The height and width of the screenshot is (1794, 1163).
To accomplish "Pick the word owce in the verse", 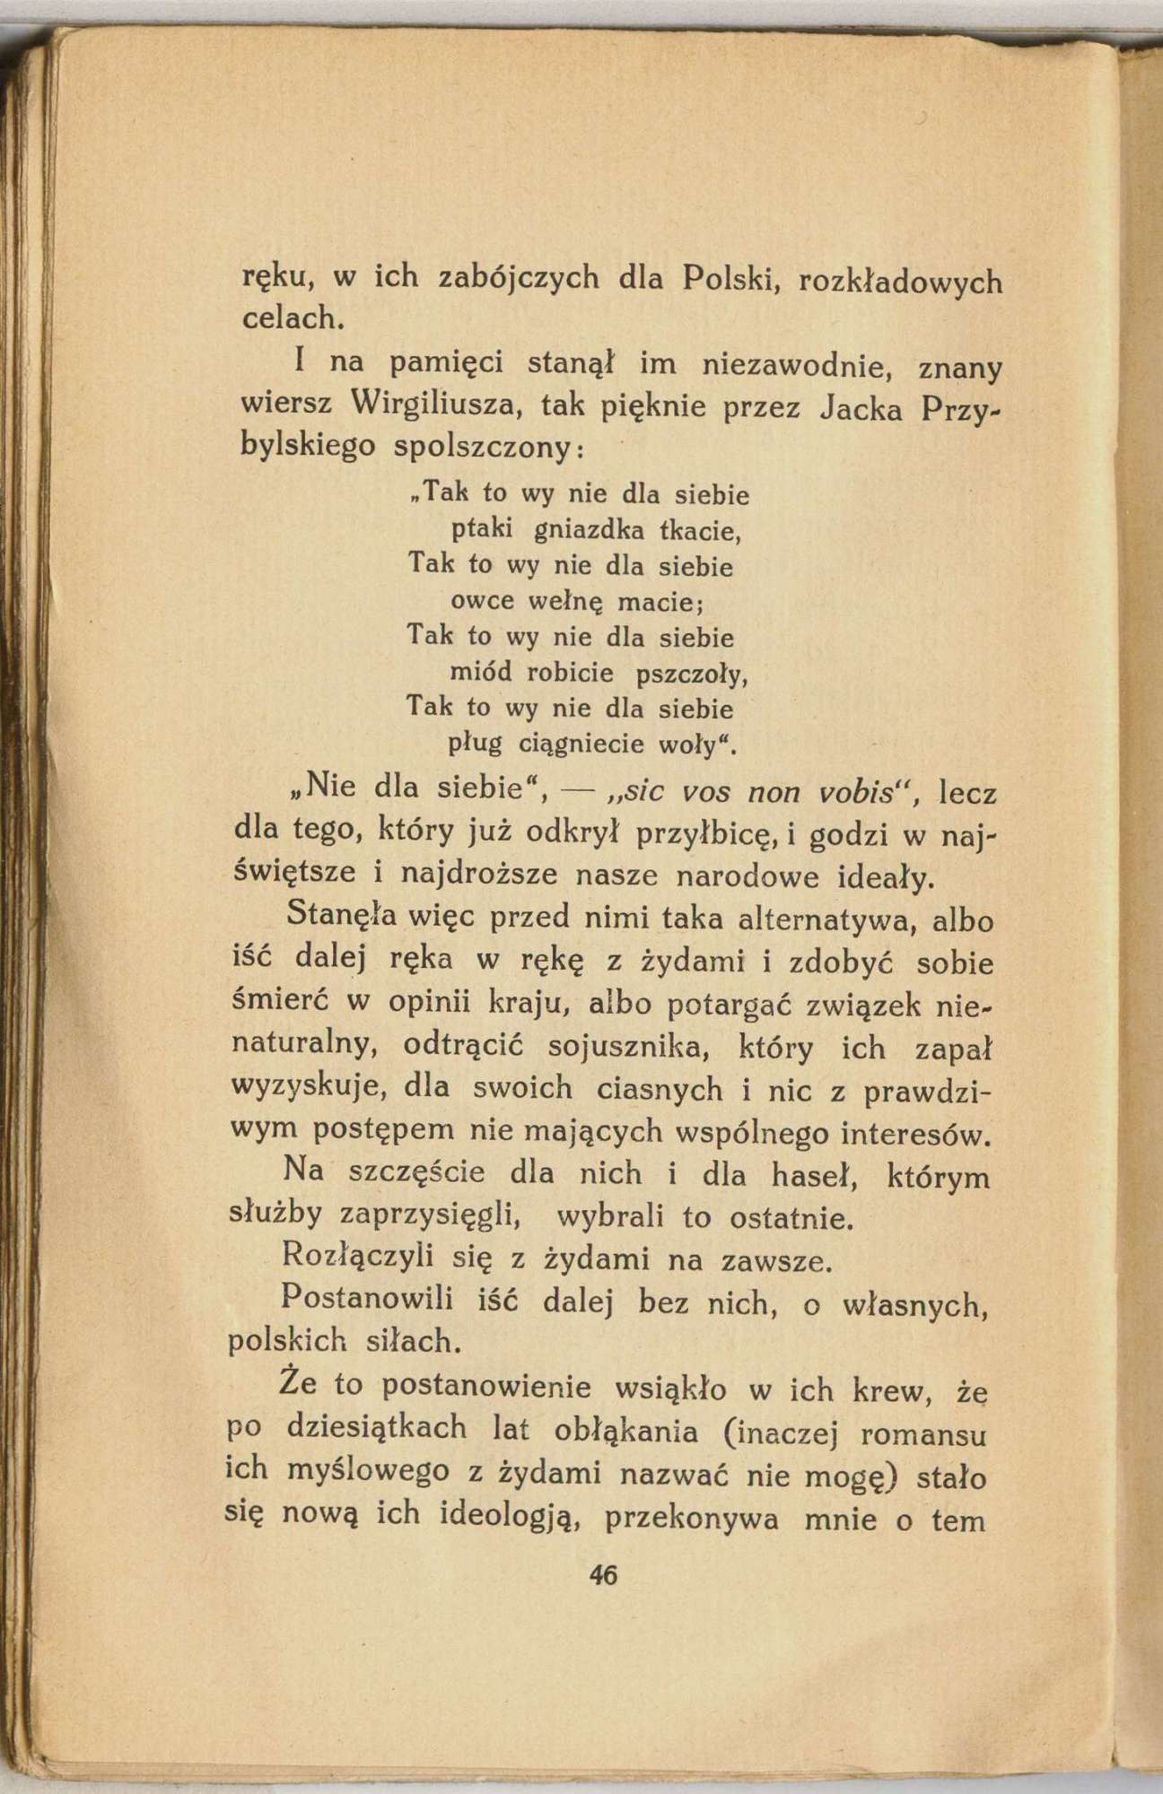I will pos(480,601).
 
